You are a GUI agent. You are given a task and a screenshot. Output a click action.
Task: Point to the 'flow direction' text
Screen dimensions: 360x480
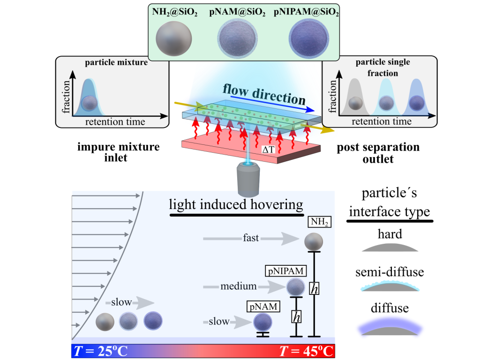click(x=264, y=94)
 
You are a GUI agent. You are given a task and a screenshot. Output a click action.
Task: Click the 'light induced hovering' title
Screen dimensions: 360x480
click(x=236, y=204)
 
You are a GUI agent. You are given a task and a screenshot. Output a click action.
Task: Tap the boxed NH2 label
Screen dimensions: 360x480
click(x=319, y=222)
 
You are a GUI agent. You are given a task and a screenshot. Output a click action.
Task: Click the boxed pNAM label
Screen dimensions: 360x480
click(x=263, y=307)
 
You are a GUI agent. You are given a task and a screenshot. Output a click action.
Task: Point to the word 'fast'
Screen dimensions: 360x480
click(x=251, y=238)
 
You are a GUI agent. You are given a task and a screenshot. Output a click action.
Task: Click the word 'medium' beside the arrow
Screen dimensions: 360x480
click(x=239, y=286)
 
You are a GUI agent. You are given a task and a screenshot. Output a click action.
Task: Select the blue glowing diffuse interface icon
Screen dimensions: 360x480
click(x=389, y=326)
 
